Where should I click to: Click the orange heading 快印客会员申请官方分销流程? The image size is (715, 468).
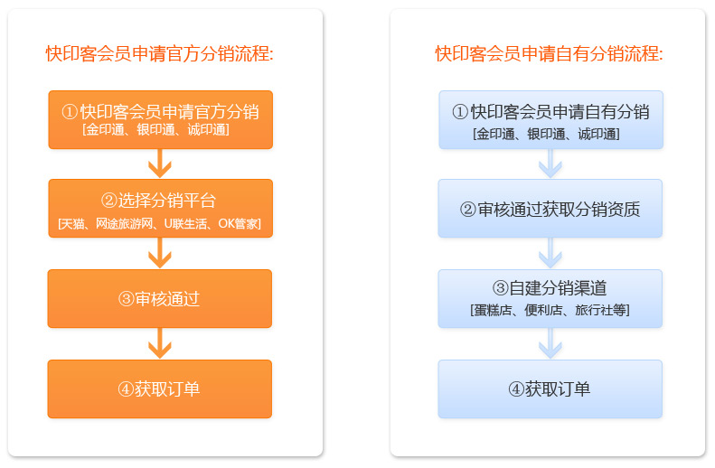click(x=159, y=54)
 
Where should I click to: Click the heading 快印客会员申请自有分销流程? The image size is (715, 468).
click(x=549, y=54)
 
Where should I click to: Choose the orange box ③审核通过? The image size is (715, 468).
click(x=160, y=299)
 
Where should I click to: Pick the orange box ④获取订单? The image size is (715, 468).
click(x=160, y=389)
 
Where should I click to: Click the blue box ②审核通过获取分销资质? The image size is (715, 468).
click(x=550, y=209)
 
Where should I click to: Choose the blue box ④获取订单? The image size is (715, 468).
click(x=550, y=389)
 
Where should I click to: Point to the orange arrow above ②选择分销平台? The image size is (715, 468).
click(x=160, y=164)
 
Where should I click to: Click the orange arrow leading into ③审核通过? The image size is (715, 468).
click(x=160, y=253)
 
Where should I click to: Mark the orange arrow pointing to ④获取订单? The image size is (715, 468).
click(x=160, y=343)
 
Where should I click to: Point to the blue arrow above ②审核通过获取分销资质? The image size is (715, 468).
click(x=550, y=164)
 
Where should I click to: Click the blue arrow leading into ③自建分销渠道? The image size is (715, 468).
click(x=550, y=253)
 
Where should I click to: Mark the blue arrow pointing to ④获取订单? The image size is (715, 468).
click(x=550, y=343)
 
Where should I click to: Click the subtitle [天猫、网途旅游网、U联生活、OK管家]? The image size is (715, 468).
click(x=160, y=222)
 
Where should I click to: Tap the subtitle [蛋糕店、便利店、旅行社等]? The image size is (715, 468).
click(x=550, y=310)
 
